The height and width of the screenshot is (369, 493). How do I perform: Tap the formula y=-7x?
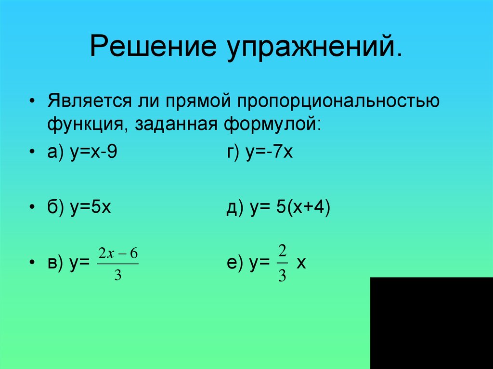pyautogui.click(x=270, y=154)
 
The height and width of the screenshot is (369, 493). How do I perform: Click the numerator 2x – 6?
pyautogui.click(x=117, y=254)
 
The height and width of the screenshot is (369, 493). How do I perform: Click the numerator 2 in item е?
pyautogui.click(x=283, y=251)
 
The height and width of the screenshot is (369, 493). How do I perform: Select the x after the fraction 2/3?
pyautogui.click(x=302, y=264)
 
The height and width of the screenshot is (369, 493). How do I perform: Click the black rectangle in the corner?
pyautogui.click(x=431, y=323)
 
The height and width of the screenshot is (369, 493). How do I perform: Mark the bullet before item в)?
pyautogui.click(x=32, y=264)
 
